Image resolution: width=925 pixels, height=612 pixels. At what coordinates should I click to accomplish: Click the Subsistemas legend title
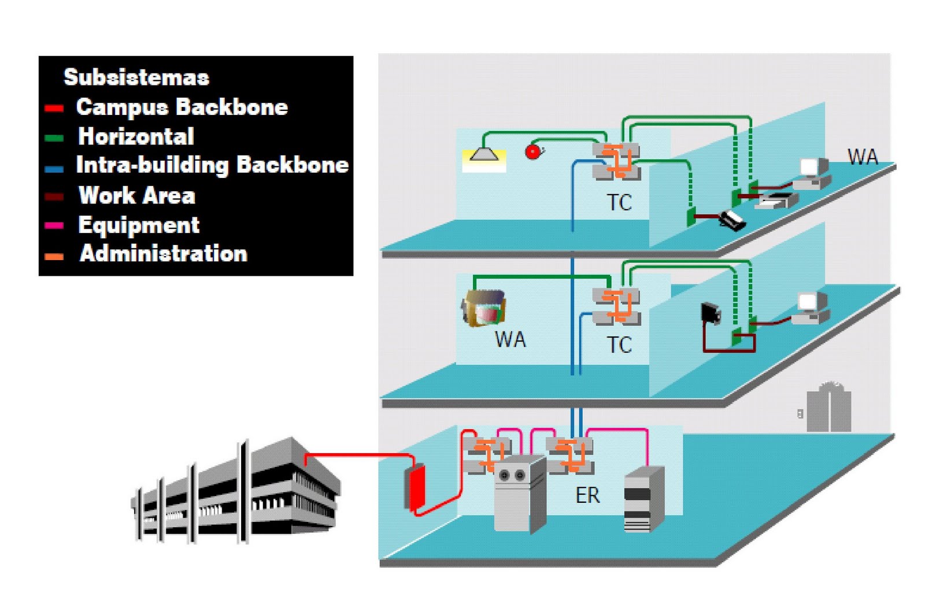click(x=136, y=77)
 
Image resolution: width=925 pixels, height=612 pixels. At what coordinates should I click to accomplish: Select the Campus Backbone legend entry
click(x=182, y=107)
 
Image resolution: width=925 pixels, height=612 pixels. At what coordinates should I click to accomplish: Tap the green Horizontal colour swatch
click(x=54, y=138)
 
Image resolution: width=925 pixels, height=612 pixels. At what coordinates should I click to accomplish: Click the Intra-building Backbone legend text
click(x=212, y=165)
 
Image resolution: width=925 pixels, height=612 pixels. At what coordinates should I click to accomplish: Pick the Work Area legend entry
click(x=136, y=195)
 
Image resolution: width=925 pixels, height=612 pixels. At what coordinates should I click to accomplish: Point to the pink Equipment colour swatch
click(x=54, y=226)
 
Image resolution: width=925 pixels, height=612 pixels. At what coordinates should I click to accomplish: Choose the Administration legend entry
click(x=163, y=254)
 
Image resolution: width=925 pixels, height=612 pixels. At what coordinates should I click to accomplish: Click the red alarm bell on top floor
click(x=532, y=152)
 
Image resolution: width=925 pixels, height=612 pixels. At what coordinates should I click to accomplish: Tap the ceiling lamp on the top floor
click(x=484, y=154)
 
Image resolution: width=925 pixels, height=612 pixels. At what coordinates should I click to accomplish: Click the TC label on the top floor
click(x=619, y=203)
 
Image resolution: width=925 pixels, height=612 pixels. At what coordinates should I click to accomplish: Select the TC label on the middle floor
click(x=619, y=345)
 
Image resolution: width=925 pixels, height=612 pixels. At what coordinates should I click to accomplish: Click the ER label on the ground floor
click(x=587, y=495)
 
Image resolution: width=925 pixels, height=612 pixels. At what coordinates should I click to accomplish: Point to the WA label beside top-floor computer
click(x=862, y=157)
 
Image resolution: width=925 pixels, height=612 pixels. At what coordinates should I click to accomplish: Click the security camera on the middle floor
click(x=711, y=313)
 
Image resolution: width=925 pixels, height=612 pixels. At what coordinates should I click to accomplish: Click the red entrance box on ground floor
click(x=415, y=488)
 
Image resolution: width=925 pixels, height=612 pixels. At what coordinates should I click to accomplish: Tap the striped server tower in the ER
click(x=643, y=500)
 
